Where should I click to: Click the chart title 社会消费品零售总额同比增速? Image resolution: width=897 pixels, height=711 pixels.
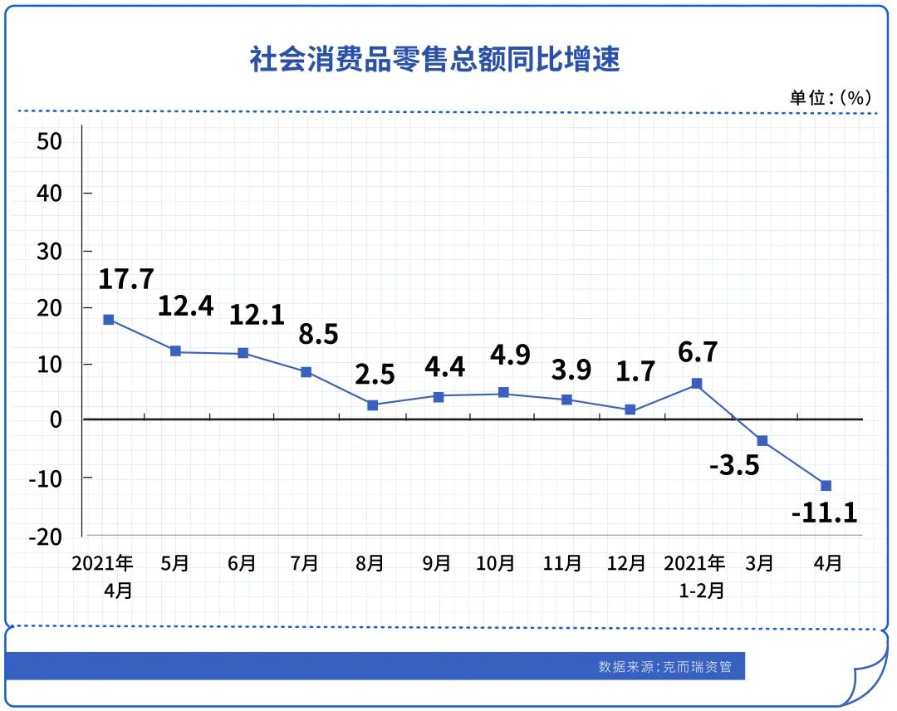pos(434,59)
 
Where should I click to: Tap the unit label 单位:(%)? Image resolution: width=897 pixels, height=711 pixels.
pos(830,97)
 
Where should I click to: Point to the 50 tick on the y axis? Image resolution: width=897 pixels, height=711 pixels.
pos(50,140)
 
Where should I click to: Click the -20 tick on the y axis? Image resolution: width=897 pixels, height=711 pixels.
pos(46,537)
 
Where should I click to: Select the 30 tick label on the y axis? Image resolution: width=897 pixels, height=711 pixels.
pos(50,251)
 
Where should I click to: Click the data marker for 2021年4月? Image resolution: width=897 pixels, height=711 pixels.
pos(109,319)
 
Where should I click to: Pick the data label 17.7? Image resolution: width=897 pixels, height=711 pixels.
pos(126,279)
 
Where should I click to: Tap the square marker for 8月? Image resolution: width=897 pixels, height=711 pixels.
pos(372,405)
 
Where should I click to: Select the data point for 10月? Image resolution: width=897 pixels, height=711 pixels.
pos(503,392)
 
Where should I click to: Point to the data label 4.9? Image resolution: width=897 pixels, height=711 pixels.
pos(510,355)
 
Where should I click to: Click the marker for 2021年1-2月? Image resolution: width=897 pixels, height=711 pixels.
pos(697,384)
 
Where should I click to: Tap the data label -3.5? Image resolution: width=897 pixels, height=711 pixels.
pos(735,465)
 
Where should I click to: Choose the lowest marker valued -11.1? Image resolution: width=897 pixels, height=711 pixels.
pos(826,485)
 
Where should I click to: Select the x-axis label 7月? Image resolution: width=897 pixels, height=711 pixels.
pos(305,563)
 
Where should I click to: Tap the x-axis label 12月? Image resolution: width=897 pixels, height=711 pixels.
pos(626,563)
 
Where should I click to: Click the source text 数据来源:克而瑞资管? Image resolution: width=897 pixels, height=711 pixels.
pos(665,666)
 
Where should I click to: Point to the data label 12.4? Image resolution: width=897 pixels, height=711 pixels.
pos(186,306)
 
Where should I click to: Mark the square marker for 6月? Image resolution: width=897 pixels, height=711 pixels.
pos(243,353)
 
